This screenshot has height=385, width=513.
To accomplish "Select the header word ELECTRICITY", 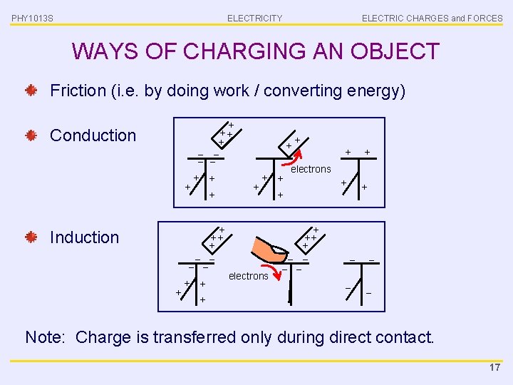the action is tap(254, 18).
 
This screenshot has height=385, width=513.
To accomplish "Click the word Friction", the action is tap(78, 91).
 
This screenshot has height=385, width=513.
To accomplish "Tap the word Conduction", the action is tap(93, 135).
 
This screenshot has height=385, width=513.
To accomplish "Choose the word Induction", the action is tap(84, 237).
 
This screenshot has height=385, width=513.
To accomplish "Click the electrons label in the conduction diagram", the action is tap(311, 169).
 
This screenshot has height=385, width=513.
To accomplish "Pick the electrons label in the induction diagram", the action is tap(248, 276).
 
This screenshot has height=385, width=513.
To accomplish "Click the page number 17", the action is tap(494, 367).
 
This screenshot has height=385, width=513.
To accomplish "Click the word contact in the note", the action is tap(405, 337).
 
